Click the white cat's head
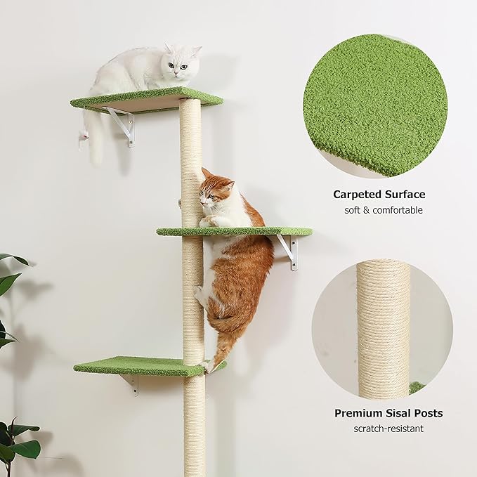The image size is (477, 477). (181, 63)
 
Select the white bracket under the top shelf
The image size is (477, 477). (123, 125)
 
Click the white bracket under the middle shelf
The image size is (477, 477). (289, 250)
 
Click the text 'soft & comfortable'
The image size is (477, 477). (383, 210)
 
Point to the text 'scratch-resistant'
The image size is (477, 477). (388, 429)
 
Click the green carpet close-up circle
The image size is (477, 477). (374, 104)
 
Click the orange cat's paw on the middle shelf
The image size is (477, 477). (208, 221)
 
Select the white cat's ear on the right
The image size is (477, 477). (196, 51)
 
